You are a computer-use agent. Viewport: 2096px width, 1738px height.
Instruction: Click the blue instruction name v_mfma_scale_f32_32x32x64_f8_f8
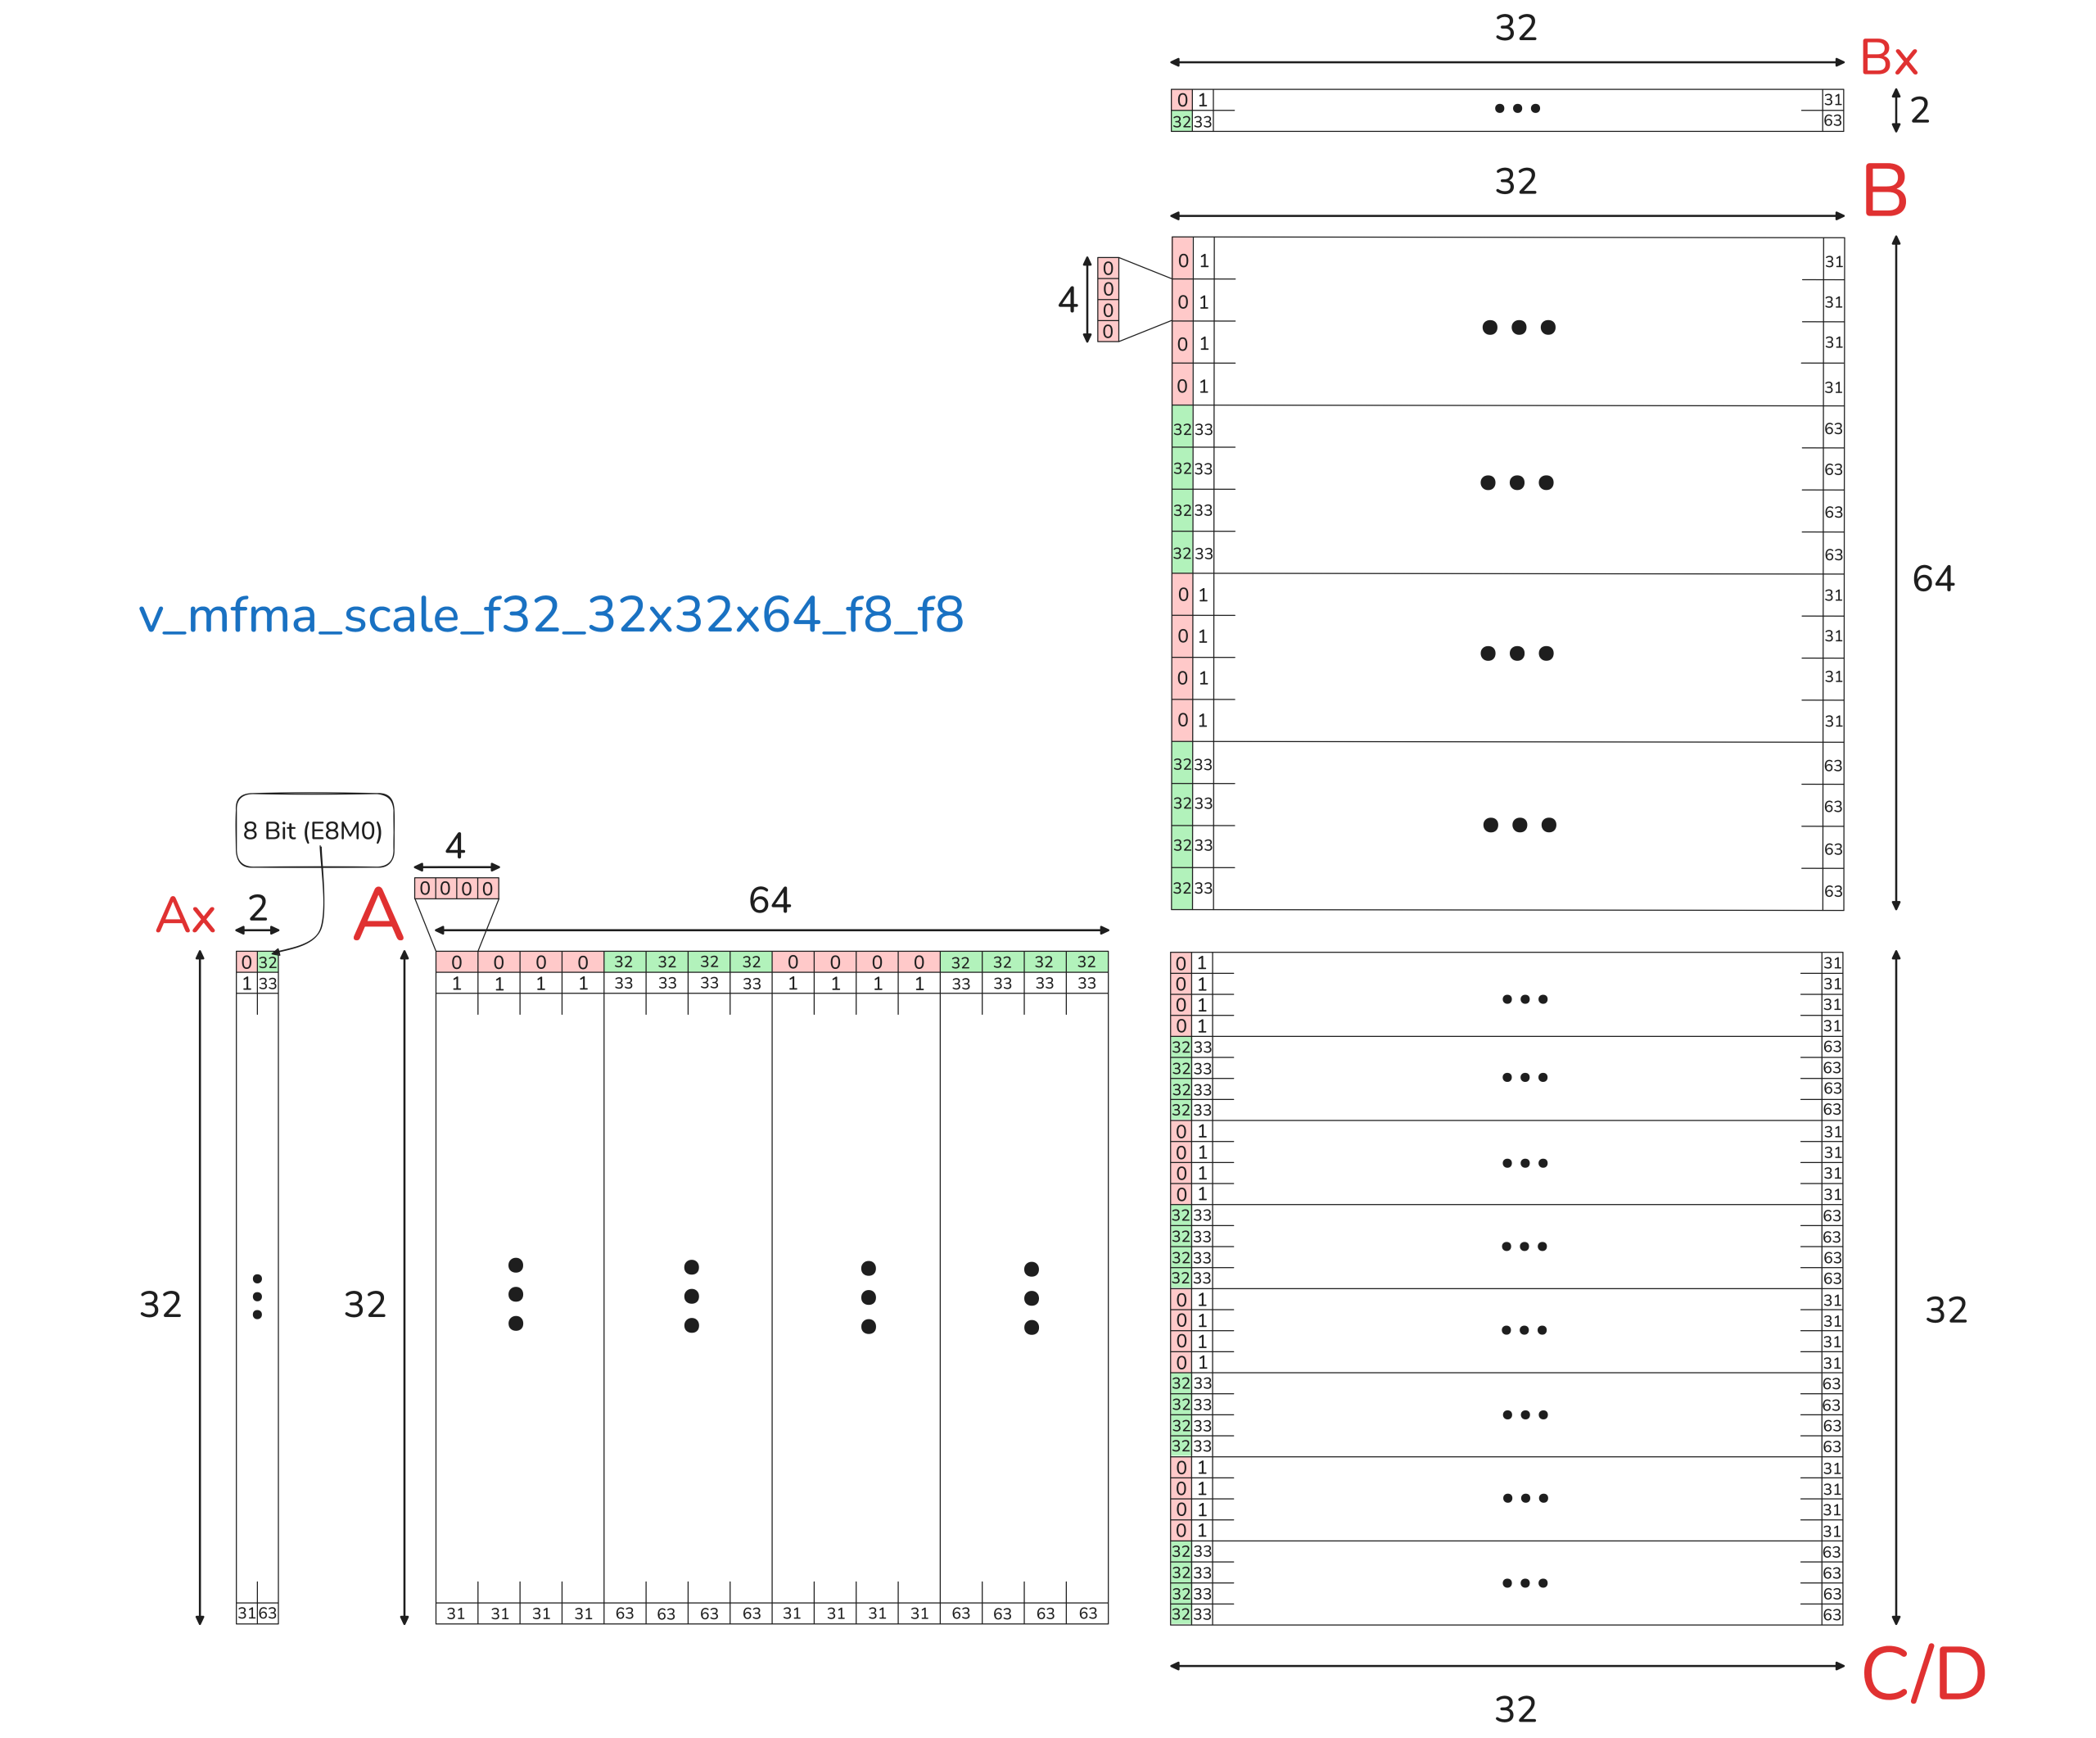coord(551,615)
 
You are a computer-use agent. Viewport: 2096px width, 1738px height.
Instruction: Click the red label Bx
coord(1888,58)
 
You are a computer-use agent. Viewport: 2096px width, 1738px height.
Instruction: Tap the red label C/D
coord(1923,1674)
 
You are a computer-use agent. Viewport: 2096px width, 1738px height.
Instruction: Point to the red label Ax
coord(186,916)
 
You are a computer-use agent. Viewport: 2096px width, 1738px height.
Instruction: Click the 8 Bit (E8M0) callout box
coord(314,831)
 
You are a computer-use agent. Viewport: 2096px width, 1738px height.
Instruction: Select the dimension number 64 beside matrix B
coord(1932,579)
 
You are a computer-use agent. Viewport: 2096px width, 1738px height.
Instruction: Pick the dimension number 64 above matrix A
coord(770,900)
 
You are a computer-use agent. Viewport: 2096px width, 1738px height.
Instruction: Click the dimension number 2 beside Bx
coord(1919,110)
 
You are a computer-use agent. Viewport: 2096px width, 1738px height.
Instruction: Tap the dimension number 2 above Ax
coord(258,907)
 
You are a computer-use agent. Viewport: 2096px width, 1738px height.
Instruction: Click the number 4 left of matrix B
coord(1067,300)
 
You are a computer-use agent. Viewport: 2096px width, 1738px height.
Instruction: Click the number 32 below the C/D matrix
coord(1516,1709)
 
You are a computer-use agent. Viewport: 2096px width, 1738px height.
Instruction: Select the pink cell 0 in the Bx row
coord(1181,100)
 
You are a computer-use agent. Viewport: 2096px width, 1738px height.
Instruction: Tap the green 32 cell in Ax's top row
coord(268,962)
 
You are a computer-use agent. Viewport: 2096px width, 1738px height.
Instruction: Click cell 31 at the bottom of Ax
coord(246,1614)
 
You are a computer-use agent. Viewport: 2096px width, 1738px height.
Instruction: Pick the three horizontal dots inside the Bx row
coord(1516,108)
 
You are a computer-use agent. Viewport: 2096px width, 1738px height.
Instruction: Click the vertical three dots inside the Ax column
coord(258,1297)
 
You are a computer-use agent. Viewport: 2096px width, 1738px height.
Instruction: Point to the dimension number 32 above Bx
coord(1516,28)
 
